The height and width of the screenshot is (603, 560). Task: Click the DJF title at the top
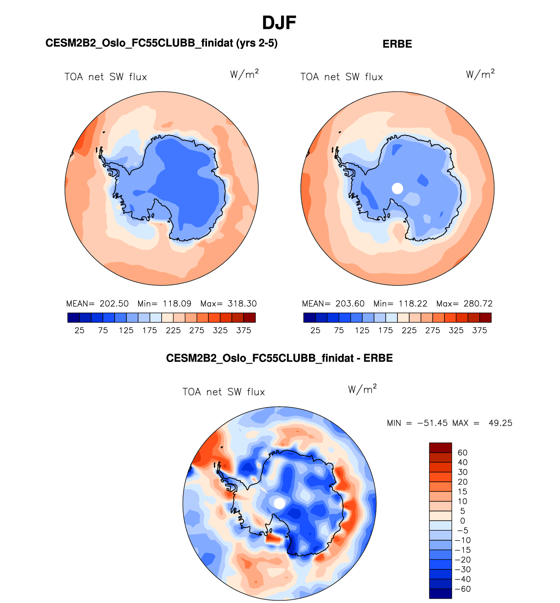(279, 23)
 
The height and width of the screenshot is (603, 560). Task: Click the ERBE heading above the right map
(397, 44)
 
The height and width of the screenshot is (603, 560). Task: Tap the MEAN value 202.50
(114, 304)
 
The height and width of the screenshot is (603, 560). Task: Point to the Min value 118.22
(413, 304)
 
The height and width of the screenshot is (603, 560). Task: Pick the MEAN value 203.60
(350, 304)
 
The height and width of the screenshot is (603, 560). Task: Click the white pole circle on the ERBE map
(397, 188)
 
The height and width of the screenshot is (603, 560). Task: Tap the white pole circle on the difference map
(279, 503)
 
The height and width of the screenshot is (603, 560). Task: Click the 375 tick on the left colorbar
(244, 330)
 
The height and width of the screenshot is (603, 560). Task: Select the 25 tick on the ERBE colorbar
(316, 330)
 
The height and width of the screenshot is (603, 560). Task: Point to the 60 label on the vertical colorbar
(462, 453)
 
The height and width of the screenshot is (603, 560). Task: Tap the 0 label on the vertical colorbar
(462, 521)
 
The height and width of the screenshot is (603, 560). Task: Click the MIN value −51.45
(432, 423)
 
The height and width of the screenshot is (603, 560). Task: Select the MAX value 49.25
(500, 423)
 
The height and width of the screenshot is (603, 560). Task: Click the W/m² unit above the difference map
(362, 389)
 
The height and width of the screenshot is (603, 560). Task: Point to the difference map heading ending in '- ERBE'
(279, 358)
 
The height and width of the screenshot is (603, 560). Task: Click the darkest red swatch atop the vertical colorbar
(440, 448)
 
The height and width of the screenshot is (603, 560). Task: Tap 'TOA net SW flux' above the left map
(105, 77)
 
